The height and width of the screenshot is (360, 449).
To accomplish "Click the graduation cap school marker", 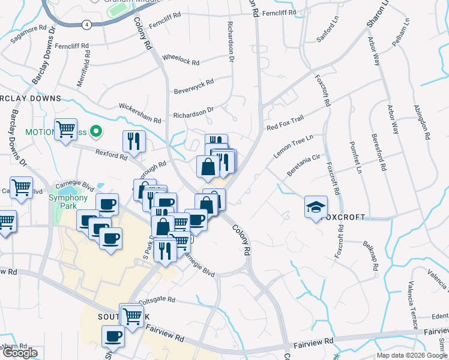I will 316,208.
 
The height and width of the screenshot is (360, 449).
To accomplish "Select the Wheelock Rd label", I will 180,61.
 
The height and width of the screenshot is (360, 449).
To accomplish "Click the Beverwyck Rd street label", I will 194,86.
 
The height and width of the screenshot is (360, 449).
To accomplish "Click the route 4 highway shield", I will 88,24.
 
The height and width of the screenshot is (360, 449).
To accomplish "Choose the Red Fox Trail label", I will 285,123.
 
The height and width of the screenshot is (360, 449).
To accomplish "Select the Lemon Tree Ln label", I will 294,146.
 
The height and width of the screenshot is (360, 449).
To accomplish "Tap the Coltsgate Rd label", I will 157,299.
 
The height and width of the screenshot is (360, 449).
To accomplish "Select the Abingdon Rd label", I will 422,122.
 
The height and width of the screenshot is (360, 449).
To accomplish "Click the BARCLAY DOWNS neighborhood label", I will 30,98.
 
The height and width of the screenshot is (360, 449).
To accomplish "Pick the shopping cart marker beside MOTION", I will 65,130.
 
